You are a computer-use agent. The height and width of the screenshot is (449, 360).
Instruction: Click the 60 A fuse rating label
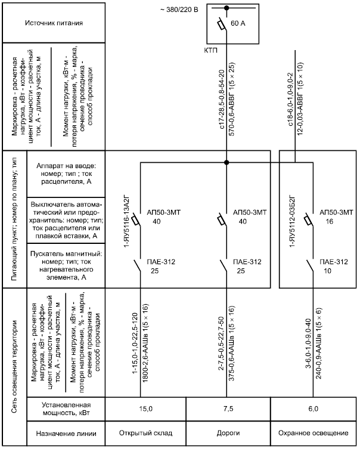238,23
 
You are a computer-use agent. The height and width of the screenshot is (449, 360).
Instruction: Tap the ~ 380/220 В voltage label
179,10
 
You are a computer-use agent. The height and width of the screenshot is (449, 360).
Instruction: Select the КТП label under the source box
210,51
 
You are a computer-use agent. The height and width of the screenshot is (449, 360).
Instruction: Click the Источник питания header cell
54,23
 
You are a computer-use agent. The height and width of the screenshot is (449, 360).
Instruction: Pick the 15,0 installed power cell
145,408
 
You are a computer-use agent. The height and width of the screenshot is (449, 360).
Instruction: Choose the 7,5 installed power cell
228,408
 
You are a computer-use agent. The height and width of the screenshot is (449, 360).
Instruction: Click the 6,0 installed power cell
313,408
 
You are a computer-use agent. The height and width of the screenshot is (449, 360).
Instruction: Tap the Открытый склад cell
145,433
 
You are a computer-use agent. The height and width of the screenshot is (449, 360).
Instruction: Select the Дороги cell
228,433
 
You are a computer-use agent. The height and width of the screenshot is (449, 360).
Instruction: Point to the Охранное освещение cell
314,433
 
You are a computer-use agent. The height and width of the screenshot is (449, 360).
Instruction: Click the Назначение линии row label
66,433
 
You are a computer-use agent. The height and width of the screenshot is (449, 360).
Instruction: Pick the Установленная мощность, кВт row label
66,409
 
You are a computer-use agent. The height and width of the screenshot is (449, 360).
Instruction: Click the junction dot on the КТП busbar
226,8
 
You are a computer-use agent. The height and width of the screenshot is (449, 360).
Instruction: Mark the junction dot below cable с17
226,162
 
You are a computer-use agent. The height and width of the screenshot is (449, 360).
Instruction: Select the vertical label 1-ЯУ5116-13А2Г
127,221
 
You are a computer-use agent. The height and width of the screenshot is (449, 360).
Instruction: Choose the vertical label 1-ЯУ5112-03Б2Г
292,221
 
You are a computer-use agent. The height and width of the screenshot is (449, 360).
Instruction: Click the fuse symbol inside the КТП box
222,24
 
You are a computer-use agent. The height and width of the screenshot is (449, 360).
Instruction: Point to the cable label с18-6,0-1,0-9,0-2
291,100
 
